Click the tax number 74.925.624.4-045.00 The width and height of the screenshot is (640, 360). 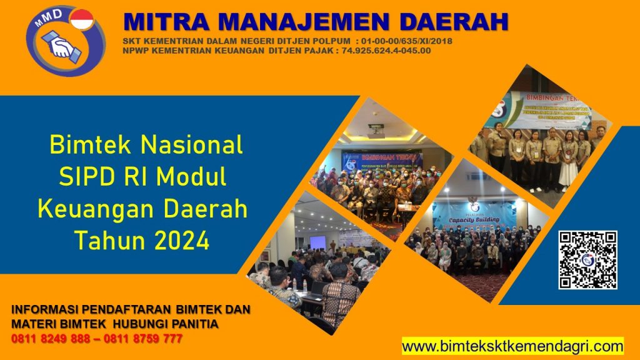(386, 51)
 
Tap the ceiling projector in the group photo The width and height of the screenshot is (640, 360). (375, 131)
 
